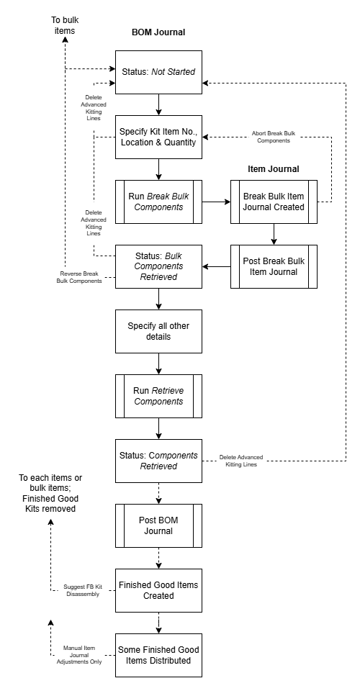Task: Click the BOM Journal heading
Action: [158, 32]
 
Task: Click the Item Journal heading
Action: [273, 169]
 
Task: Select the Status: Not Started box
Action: [158, 72]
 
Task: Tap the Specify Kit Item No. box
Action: [158, 137]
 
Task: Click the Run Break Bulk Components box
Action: [158, 202]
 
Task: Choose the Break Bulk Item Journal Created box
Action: [274, 202]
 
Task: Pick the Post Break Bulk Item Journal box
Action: [274, 266]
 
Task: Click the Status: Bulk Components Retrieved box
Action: [158, 266]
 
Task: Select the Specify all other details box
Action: [158, 331]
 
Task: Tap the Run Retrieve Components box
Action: [158, 396]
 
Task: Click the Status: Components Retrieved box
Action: [158, 461]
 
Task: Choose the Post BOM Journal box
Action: [158, 525]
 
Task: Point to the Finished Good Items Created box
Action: [158, 590]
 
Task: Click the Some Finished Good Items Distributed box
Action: [158, 655]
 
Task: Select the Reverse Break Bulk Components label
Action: [79, 277]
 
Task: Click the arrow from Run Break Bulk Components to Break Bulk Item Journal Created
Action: [216, 202]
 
